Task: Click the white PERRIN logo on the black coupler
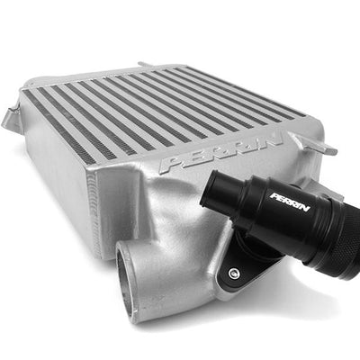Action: click(x=290, y=202)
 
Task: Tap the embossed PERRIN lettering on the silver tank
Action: click(x=221, y=153)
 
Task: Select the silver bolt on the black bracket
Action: click(x=232, y=273)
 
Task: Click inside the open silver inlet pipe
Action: click(x=127, y=279)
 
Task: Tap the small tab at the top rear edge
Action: click(x=147, y=65)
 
